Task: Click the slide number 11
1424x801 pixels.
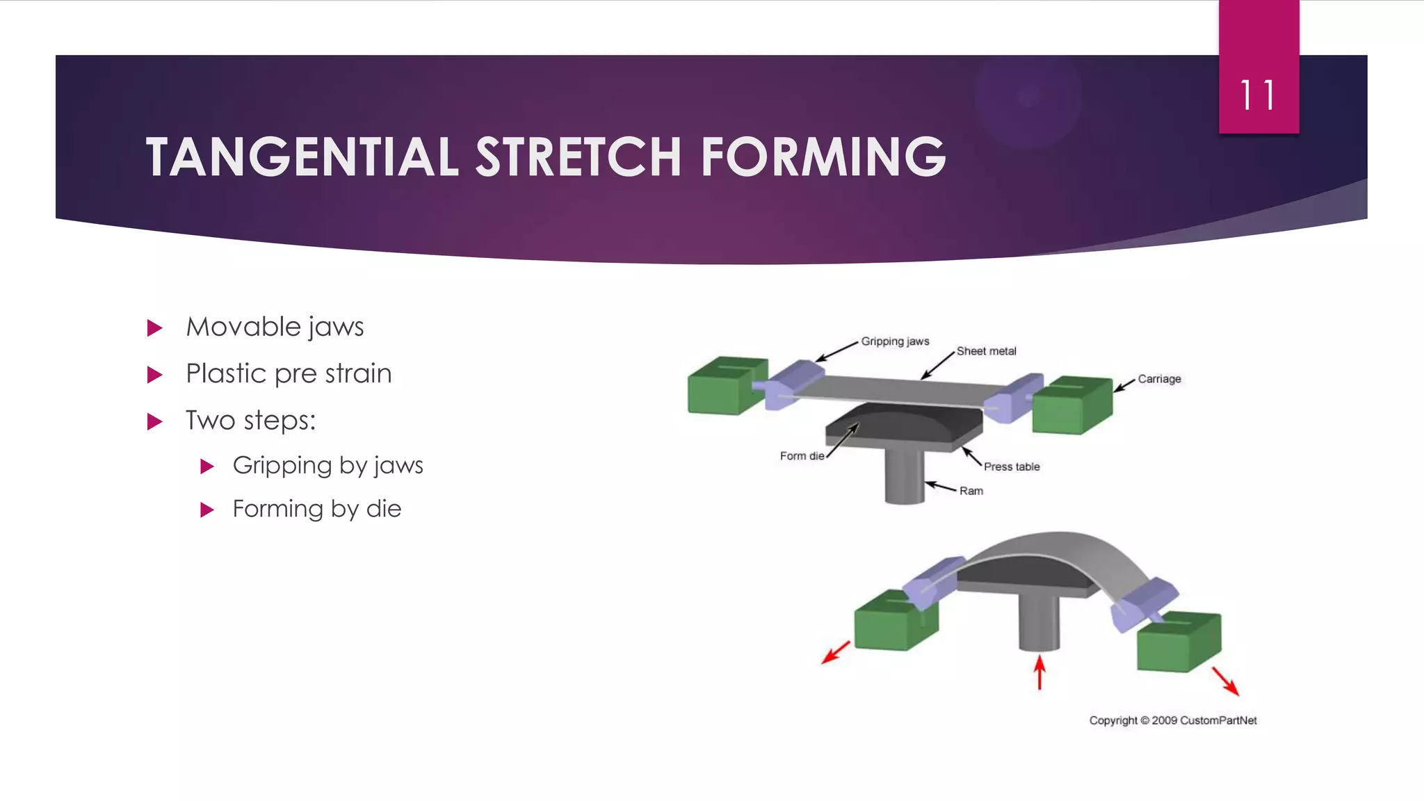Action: coord(1258,95)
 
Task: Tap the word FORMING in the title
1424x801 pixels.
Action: coord(823,157)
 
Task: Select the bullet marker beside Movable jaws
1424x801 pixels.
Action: coord(155,328)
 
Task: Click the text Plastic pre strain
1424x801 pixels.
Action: coord(289,374)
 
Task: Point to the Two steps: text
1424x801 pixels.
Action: coord(250,421)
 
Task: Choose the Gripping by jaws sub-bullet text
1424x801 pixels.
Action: coord(327,465)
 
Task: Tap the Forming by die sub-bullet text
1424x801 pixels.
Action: coord(316,509)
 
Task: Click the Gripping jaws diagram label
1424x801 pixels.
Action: coord(895,341)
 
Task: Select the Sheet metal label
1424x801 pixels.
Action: coord(986,351)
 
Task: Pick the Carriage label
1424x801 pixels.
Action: coord(1159,379)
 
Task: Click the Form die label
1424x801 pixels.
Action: coord(802,456)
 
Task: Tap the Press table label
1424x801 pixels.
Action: coord(1012,467)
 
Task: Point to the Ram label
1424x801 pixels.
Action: coord(971,491)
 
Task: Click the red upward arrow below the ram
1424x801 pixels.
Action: coord(1039,672)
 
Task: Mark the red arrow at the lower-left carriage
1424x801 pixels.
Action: coord(836,652)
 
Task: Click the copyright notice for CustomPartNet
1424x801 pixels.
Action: coord(1172,720)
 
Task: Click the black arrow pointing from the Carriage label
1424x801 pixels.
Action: coord(1124,385)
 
